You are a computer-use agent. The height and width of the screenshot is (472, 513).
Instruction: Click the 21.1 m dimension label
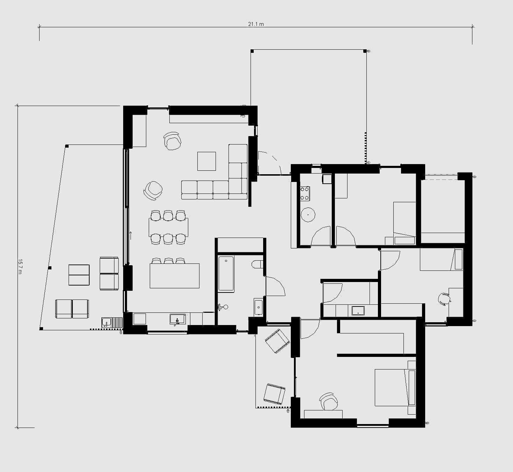(256, 24)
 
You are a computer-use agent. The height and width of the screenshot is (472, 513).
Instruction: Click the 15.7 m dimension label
(20, 266)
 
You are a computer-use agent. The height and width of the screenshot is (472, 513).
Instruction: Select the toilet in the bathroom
(257, 264)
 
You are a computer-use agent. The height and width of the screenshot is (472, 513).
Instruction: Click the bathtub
(226, 273)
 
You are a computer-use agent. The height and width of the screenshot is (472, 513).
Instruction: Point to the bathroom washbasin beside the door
(258, 307)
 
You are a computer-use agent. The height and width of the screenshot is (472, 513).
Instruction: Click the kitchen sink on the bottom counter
(178, 319)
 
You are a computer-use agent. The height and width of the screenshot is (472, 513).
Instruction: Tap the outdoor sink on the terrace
(106, 322)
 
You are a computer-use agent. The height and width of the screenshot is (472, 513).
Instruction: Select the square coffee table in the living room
(206, 161)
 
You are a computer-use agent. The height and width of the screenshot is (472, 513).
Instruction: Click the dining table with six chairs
(169, 227)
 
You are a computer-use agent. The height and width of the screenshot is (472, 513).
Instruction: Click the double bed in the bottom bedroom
(395, 387)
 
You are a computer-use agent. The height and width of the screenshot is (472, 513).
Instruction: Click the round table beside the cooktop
(308, 214)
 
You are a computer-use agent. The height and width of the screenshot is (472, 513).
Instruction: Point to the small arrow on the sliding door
(131, 235)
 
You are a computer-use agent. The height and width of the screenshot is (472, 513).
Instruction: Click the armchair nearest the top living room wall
(173, 141)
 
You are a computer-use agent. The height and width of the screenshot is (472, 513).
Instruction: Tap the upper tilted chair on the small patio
(277, 341)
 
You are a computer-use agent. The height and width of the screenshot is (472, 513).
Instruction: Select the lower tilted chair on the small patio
(274, 394)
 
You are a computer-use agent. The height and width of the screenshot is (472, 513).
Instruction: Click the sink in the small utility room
(358, 311)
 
